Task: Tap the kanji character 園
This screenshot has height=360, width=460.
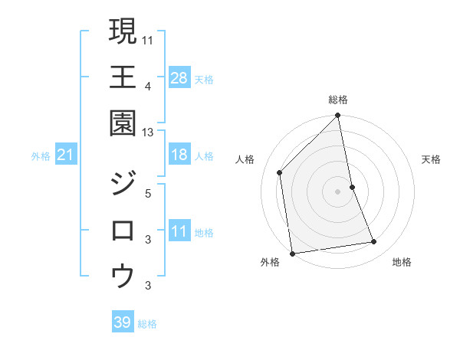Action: (123, 123)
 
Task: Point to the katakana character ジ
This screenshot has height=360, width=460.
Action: (123, 185)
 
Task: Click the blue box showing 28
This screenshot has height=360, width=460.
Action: (179, 77)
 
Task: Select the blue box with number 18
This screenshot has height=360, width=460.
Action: (179, 155)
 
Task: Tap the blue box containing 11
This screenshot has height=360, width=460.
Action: (179, 231)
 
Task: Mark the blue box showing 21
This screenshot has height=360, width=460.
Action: (66, 155)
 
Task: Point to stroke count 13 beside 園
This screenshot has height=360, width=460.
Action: (148, 132)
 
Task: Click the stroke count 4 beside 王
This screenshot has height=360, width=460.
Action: (148, 86)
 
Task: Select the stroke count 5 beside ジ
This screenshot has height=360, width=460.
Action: (148, 193)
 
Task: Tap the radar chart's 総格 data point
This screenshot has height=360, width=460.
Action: (338, 116)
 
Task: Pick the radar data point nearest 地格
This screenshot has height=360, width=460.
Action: (374, 242)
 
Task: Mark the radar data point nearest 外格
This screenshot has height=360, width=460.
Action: (292, 253)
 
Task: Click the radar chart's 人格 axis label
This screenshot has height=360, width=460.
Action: (245, 159)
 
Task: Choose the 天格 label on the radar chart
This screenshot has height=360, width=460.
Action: (432, 159)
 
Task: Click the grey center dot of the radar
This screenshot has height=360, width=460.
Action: (338, 191)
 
